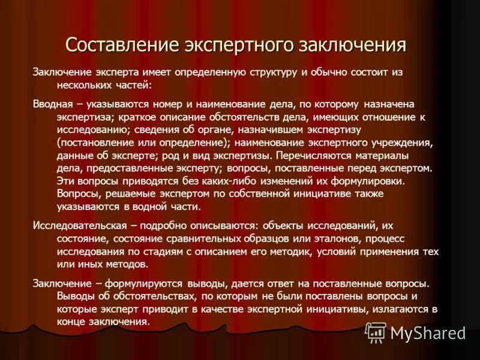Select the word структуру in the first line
coord(268,72)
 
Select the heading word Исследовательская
coord(80,226)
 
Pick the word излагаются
coord(387,309)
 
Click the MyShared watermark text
coord(428,332)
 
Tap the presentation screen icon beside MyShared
coord(376,332)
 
